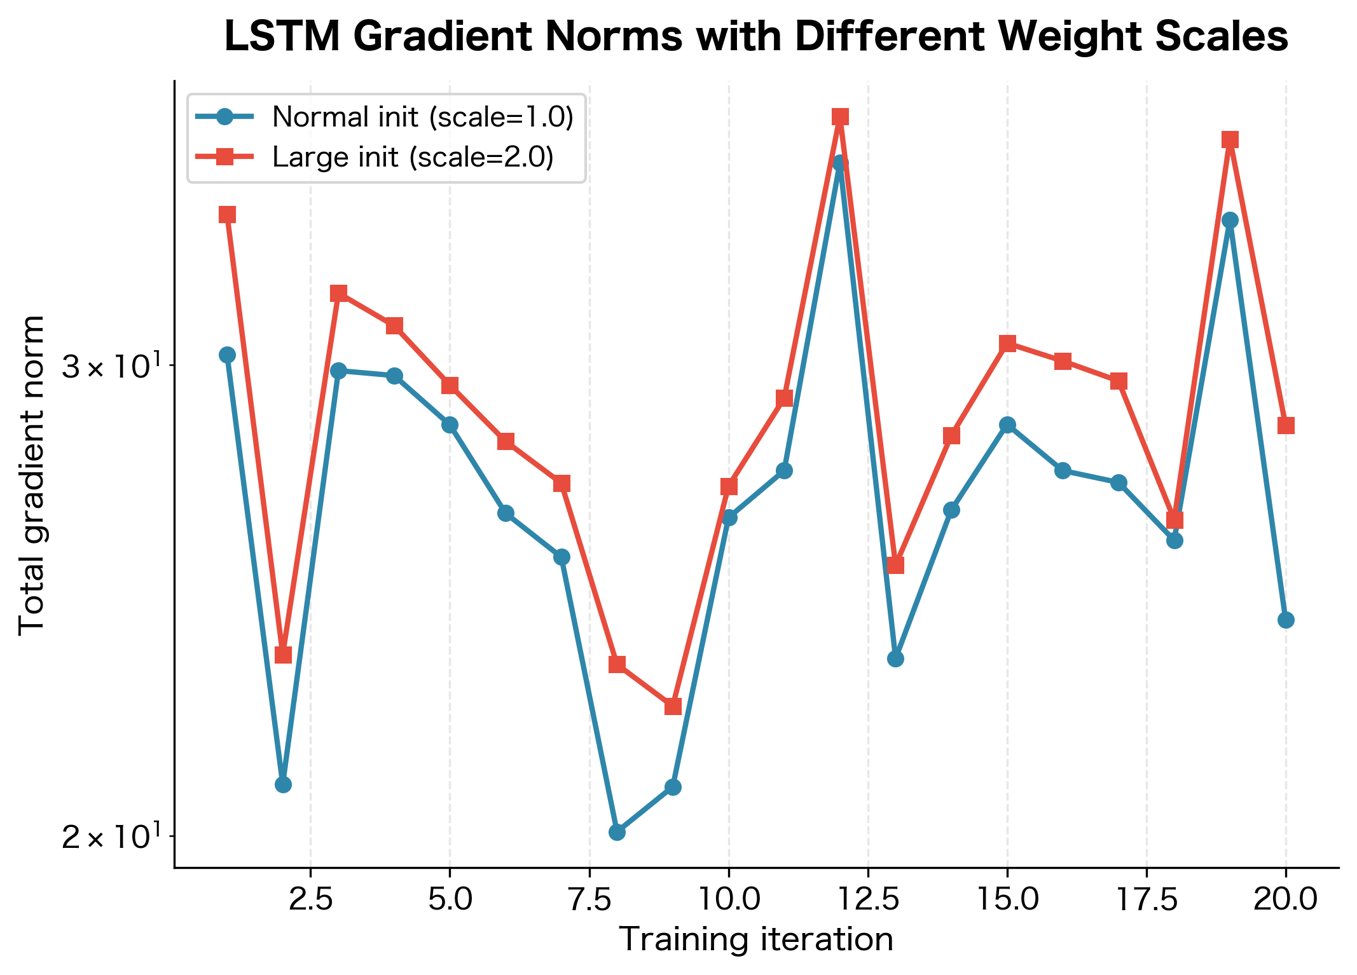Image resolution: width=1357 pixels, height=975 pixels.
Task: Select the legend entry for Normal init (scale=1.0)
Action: tap(422, 117)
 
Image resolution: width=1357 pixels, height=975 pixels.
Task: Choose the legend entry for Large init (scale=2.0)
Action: tap(412, 157)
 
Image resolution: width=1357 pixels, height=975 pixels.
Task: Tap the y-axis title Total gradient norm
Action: tap(32, 475)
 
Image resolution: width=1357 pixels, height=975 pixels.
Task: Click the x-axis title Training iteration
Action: tap(756, 939)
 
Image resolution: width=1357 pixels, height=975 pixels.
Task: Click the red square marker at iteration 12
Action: tap(840, 117)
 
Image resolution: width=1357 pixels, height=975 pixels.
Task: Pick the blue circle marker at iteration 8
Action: tap(617, 832)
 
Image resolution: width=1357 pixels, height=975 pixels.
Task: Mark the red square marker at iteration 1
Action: tap(228, 214)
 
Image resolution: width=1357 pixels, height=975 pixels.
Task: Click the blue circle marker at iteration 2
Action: tap(283, 784)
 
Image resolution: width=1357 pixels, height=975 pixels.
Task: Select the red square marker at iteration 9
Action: tap(673, 706)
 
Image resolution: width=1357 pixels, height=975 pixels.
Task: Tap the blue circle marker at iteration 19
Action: tap(1230, 221)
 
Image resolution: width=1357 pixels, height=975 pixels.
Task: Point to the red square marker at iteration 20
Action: tap(1286, 425)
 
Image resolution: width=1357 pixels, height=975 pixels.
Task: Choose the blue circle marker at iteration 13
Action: tap(895, 658)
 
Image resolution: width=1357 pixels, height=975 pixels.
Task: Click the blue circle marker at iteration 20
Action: tap(1286, 620)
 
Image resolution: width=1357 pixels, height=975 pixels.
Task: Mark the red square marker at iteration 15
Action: tap(1007, 344)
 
